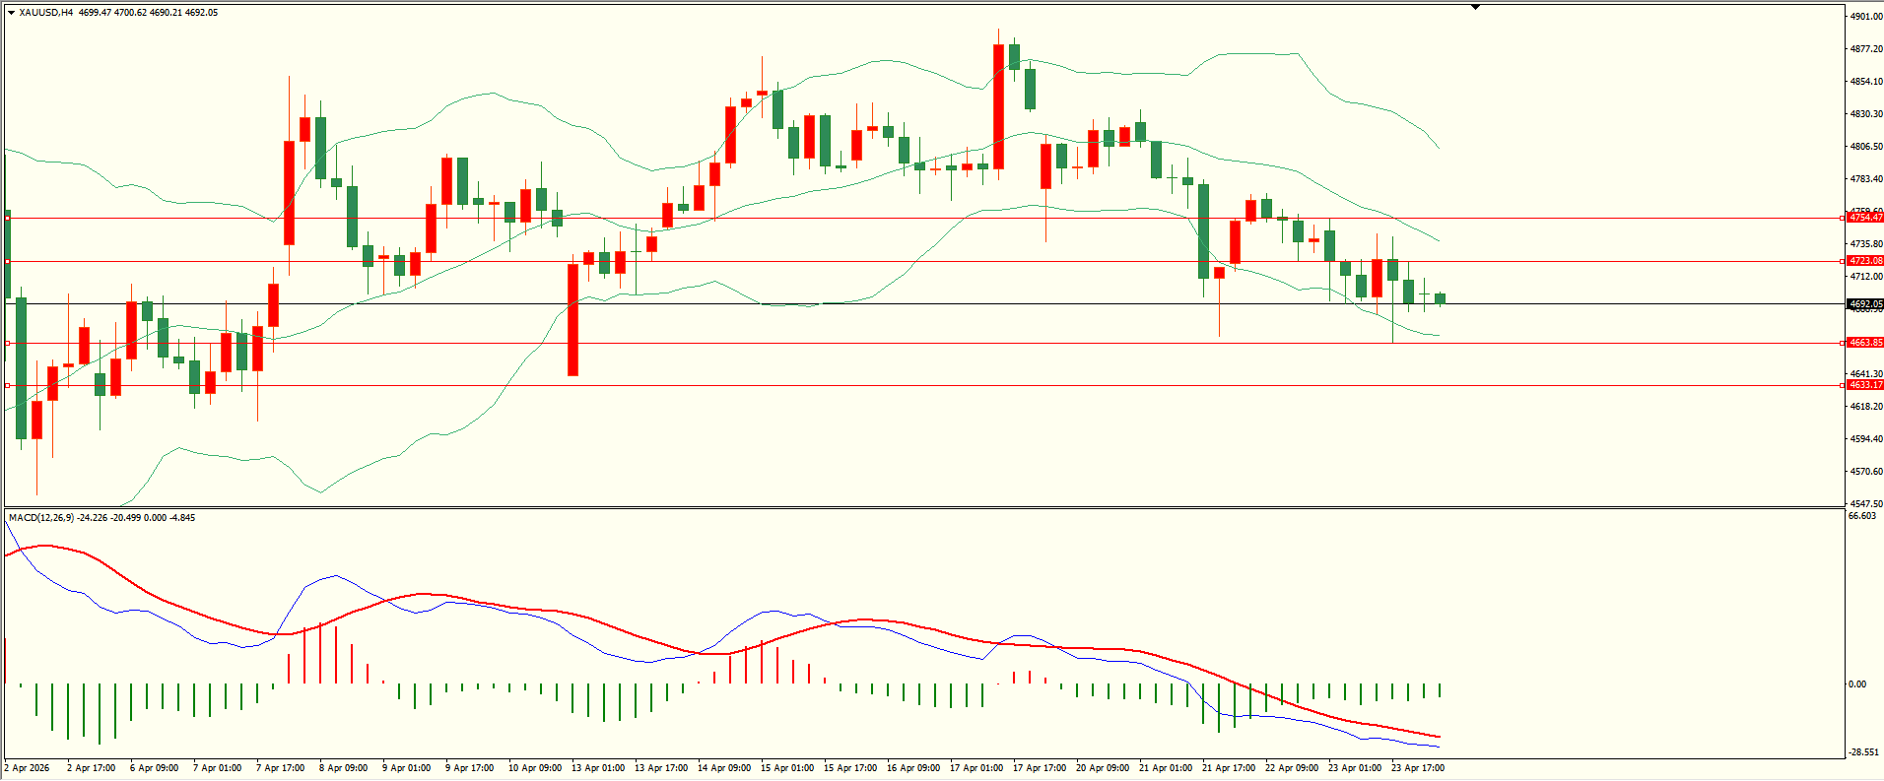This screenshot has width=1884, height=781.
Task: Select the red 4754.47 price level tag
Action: pyautogui.click(x=1865, y=218)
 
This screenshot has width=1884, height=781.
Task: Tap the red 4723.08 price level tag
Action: pyautogui.click(x=1865, y=261)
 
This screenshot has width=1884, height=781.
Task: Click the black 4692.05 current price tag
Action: pyautogui.click(x=1865, y=304)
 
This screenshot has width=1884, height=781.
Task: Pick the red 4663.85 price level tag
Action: pyautogui.click(x=1865, y=343)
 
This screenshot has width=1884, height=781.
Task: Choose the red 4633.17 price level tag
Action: pyautogui.click(x=1865, y=385)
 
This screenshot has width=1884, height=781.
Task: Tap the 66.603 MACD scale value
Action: pyautogui.click(x=1861, y=516)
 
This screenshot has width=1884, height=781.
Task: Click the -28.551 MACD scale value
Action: pyautogui.click(x=1862, y=752)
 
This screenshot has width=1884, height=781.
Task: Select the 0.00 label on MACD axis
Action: pyautogui.click(x=1856, y=684)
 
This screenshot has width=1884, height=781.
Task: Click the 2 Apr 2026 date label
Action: pyautogui.click(x=28, y=768)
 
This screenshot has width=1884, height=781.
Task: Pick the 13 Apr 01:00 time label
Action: pyautogui.click(x=598, y=768)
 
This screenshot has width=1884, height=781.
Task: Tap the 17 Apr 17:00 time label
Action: pyautogui.click(x=1040, y=768)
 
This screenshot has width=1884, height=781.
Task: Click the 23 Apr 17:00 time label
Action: pyautogui.click(x=1418, y=768)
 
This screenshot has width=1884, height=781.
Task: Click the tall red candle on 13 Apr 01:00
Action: pyautogui.click(x=572, y=319)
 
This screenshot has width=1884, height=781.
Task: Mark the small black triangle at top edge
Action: pyautogui.click(x=1475, y=7)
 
